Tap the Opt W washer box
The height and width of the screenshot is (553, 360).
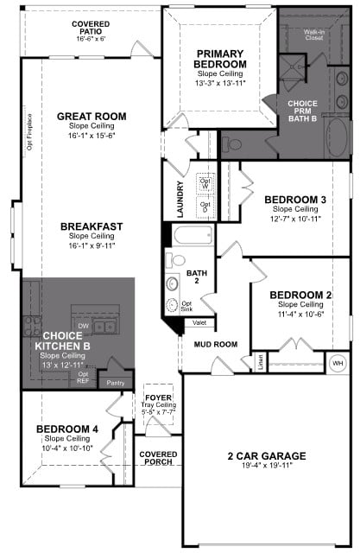pos(205,185)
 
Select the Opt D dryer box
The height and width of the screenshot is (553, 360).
pos(205,207)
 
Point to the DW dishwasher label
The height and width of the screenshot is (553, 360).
pos(84,326)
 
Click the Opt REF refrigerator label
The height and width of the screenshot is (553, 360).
pos(83,378)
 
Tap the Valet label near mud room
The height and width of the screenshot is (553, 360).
pos(199,322)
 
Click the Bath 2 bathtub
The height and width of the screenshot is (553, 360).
pos(192,235)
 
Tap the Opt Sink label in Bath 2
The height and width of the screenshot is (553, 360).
pos(186,307)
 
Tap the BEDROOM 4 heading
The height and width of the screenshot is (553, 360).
pos(66,429)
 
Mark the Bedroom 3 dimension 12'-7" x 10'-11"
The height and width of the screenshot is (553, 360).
pos(294,219)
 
